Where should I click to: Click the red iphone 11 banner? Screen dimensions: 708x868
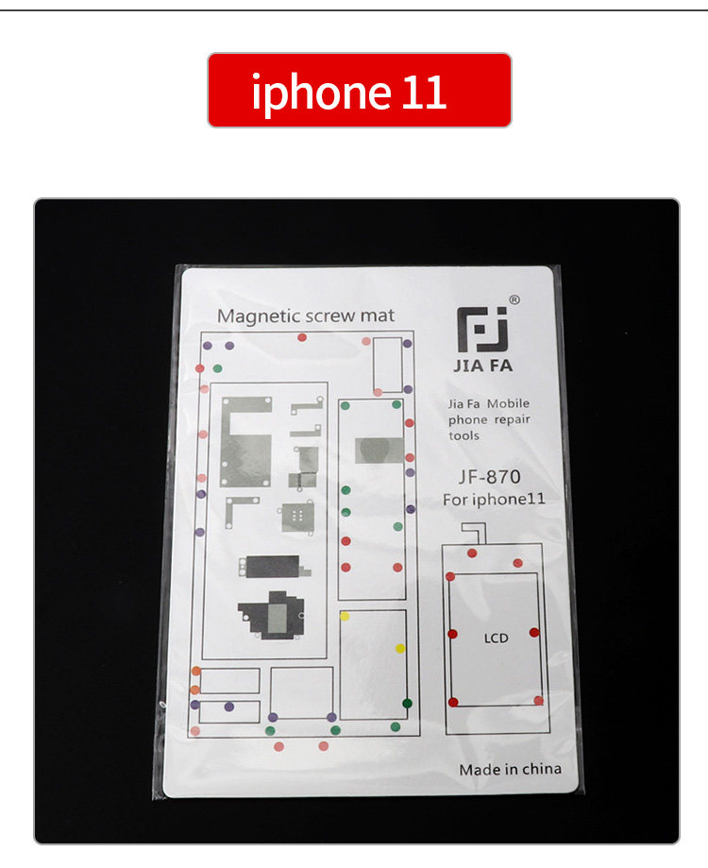(x=360, y=91)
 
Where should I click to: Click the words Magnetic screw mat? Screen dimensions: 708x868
(x=306, y=316)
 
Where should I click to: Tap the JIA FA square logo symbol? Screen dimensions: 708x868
(x=482, y=330)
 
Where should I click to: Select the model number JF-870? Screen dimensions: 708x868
(x=490, y=477)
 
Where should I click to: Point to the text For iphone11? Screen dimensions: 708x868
(x=494, y=500)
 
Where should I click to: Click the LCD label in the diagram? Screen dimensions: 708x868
(x=496, y=638)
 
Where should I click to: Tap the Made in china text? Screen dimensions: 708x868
(x=510, y=770)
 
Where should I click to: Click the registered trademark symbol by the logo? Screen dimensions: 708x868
(x=514, y=299)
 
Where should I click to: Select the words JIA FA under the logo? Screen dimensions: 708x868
(x=483, y=366)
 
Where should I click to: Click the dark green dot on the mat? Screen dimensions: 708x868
(x=407, y=704)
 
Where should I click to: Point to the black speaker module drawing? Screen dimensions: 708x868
(x=272, y=615)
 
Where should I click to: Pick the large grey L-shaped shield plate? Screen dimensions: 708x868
(x=246, y=441)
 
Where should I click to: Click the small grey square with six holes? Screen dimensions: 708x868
(x=297, y=517)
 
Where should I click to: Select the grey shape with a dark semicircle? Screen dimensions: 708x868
(x=379, y=450)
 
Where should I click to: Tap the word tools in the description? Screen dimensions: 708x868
(x=464, y=435)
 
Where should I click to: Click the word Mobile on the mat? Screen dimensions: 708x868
(x=508, y=403)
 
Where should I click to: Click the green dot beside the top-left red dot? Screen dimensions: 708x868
(x=217, y=368)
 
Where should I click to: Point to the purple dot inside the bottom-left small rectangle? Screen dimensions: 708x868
(x=229, y=706)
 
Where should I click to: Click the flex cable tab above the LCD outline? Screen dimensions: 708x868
(x=475, y=532)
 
